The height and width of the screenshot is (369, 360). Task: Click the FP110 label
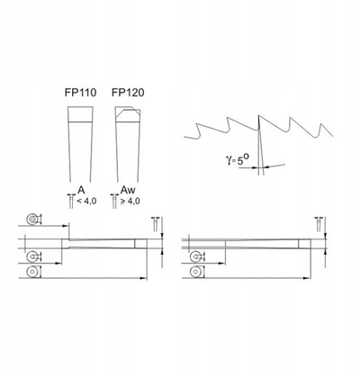pyautogui.click(x=80, y=93)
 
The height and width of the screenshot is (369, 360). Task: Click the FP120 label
pyautogui.click(x=128, y=93)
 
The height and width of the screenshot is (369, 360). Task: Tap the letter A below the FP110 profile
pyautogui.click(x=81, y=190)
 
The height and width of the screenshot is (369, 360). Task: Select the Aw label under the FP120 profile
pyautogui.click(x=128, y=190)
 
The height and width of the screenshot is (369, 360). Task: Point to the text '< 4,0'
pyautogui.click(x=86, y=201)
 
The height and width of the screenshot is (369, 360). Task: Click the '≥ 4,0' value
pyautogui.click(x=130, y=201)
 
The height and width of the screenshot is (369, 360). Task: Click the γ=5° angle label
pyautogui.click(x=237, y=159)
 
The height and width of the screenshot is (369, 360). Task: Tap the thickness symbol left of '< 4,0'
pyautogui.click(x=71, y=201)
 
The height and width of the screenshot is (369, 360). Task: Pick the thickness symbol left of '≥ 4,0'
pyautogui.click(x=114, y=201)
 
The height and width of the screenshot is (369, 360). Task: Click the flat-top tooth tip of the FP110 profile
pyautogui.click(x=80, y=114)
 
